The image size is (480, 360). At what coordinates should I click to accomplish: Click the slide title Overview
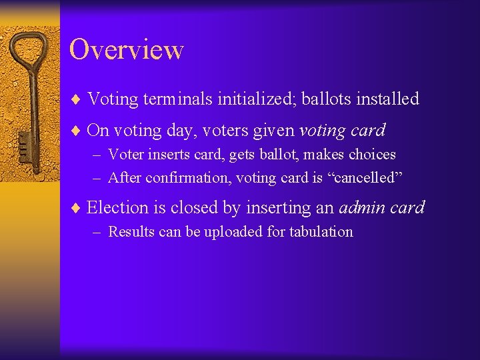pos(126,50)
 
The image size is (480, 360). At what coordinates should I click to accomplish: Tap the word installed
pos(387,99)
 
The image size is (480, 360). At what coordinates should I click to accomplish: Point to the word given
pos(271,130)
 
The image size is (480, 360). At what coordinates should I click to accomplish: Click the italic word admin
pos(363,208)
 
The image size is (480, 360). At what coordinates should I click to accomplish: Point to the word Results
pos(130,232)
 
